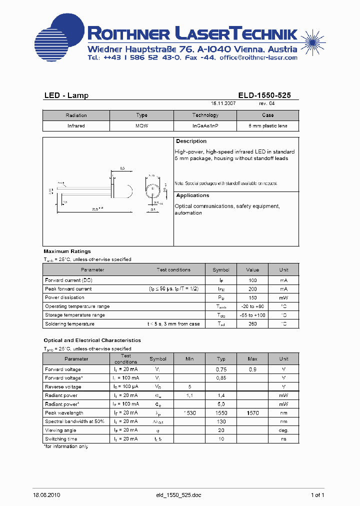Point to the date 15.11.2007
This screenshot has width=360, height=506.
[223, 103]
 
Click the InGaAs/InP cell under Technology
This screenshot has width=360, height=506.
[205, 126]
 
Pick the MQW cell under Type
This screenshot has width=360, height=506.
[142, 126]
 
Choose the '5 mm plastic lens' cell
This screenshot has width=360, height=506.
[268, 126]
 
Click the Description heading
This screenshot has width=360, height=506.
[191, 141]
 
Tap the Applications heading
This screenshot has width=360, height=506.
[192, 195]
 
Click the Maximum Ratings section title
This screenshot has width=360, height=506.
[67, 251]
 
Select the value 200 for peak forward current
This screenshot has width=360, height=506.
[253, 289]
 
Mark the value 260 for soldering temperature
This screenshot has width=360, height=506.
[253, 324]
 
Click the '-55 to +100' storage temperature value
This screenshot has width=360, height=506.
[253, 315]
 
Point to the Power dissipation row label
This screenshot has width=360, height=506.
[65, 297]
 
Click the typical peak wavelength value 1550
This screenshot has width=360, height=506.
[221, 413]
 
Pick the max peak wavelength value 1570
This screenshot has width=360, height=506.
[252, 413]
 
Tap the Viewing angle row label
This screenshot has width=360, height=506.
[61, 430]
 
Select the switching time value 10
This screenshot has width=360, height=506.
[221, 439]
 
